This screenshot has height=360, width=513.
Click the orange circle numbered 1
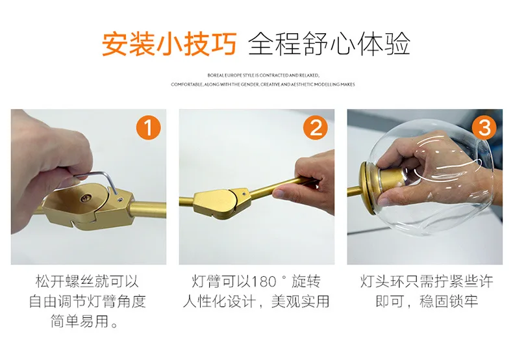[148, 127]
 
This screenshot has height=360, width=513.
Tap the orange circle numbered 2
[316, 127]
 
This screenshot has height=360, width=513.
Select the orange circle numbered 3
[484, 127]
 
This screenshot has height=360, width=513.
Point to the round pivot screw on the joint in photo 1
[87, 197]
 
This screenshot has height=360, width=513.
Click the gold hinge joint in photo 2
[223, 203]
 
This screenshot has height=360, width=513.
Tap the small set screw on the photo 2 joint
[244, 194]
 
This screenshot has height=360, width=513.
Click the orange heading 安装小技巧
[169, 44]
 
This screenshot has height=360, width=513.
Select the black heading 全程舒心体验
[329, 44]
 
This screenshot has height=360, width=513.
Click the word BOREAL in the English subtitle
[216, 75]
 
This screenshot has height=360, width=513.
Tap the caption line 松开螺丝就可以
[88, 281]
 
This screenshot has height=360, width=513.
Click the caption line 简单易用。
[84, 322]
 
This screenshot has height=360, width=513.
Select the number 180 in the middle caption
[264, 282]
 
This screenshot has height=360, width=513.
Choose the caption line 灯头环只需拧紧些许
[427, 281]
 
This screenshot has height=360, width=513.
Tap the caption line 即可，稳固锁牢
[427, 302]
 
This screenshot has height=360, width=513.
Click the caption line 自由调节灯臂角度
[88, 302]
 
